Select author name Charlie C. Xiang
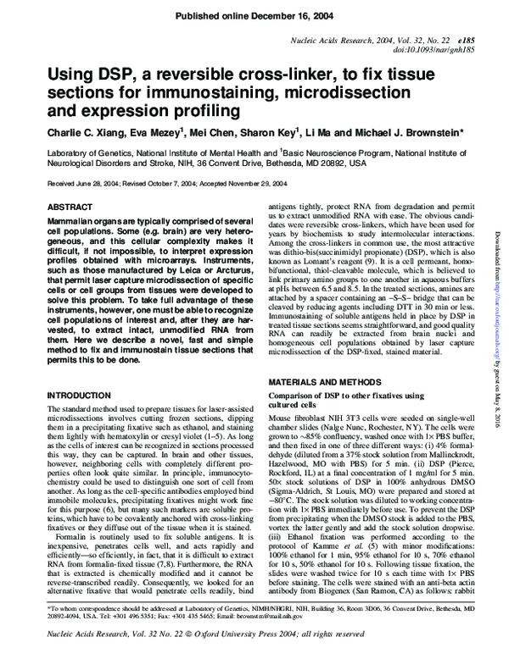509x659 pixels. (84, 132)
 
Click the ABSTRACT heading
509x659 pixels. (70, 207)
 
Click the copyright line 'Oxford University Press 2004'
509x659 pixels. (269, 646)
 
